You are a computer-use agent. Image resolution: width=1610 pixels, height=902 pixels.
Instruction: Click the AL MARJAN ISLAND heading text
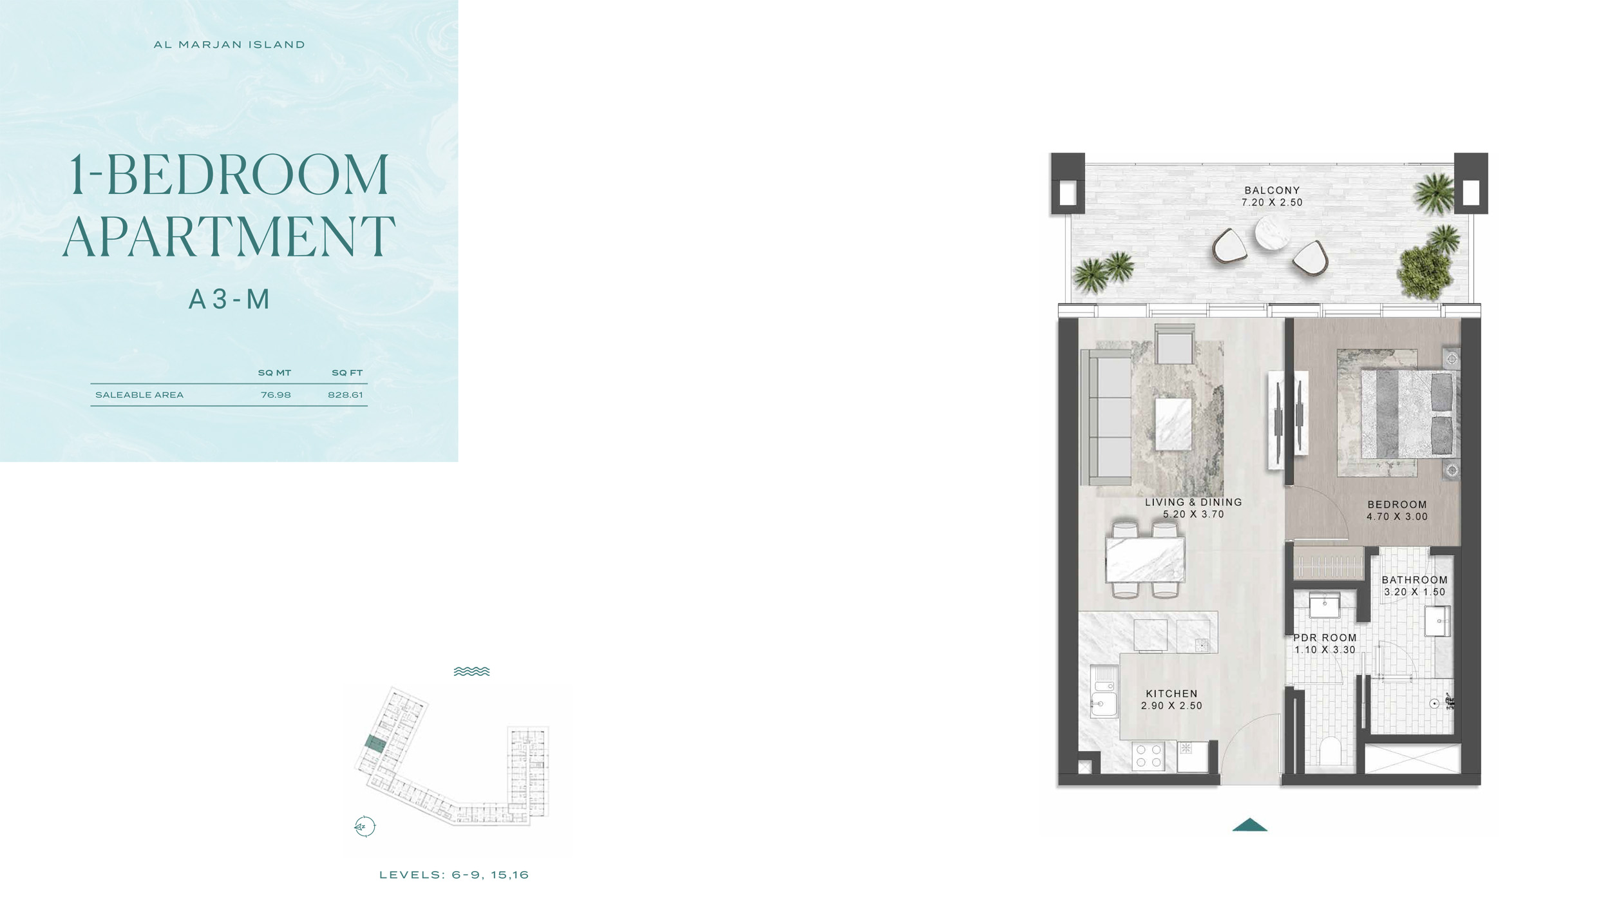tap(229, 44)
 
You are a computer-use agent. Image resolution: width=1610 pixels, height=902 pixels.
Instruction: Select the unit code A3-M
tap(229, 300)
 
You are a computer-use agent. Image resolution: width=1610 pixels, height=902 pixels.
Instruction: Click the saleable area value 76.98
tap(276, 395)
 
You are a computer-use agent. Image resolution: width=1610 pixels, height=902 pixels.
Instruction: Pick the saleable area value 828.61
tap(345, 395)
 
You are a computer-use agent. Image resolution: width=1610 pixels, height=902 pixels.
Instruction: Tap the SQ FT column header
tap(347, 373)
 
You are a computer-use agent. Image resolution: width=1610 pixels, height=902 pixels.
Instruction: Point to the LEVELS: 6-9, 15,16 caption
tap(454, 875)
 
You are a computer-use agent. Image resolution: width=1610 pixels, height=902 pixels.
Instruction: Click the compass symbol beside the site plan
tap(365, 826)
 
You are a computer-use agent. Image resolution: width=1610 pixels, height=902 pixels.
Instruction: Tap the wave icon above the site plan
tap(471, 671)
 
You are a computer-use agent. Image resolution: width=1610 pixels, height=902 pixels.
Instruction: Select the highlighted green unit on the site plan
tap(375, 744)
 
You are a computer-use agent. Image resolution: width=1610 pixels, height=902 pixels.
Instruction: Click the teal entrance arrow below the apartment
tap(1249, 825)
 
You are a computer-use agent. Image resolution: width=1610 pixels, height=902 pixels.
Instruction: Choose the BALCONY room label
tap(1272, 191)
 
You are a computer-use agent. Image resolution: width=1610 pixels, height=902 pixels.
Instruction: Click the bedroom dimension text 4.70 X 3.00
tap(1397, 517)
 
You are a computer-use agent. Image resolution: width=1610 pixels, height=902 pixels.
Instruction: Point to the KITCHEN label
tap(1171, 694)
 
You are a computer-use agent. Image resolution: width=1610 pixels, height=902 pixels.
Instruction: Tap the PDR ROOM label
tap(1325, 638)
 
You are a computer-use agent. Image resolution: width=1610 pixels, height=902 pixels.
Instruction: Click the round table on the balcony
tap(1272, 233)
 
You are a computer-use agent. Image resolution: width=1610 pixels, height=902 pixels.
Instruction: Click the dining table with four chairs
tap(1146, 559)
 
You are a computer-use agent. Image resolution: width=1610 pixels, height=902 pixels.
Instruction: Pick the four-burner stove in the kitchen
tap(1149, 756)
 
